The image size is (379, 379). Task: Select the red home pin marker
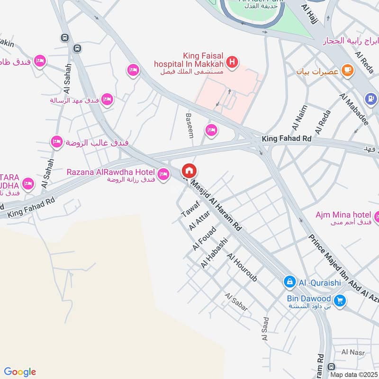click(189, 171)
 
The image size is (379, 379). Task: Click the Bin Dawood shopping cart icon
click(339, 300)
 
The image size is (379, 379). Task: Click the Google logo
click(19, 372)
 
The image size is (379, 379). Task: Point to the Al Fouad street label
click(204, 239)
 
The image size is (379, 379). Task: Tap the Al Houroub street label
click(242, 268)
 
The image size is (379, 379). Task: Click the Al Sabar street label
click(236, 302)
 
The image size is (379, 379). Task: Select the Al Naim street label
click(299, 117)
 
